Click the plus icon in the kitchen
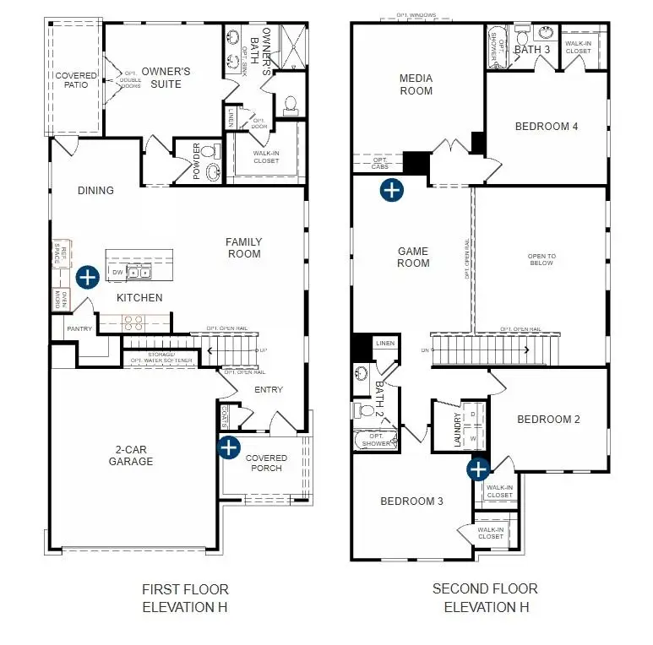tap(88, 278)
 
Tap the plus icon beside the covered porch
tap(228, 447)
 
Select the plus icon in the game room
tap(391, 190)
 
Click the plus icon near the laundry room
tap(479, 469)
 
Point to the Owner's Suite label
tap(166, 79)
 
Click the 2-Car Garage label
tap(131, 456)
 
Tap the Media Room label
tap(416, 84)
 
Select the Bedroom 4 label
tap(547, 127)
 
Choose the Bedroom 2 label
tap(548, 420)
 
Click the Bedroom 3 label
tap(411, 501)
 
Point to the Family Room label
tap(243, 248)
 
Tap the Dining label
tap(95, 191)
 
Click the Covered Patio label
tap(76, 81)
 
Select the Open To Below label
tap(541, 259)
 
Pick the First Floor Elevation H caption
tap(185, 598)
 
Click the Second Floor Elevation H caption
tap(485, 598)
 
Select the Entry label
tap(268, 390)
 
